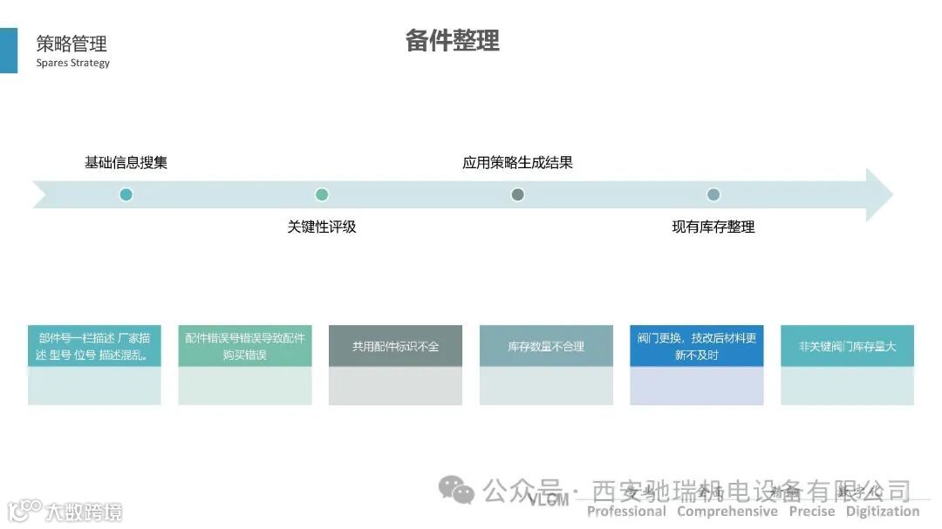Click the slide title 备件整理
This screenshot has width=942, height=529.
tap(452, 41)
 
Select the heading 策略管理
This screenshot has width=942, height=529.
tap(72, 44)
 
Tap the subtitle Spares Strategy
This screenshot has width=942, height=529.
tap(73, 63)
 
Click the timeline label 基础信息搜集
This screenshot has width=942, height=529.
tap(126, 162)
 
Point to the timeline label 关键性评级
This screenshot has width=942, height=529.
tap(322, 227)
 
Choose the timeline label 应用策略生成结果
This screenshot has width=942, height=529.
tap(517, 162)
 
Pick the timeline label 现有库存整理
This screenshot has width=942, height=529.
tap(713, 227)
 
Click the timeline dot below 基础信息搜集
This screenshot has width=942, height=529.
tap(126, 194)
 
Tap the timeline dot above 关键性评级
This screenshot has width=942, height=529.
tap(322, 194)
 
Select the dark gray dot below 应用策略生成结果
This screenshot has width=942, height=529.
tap(517, 194)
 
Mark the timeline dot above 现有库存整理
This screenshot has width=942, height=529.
tap(713, 194)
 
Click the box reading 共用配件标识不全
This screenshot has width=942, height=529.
tap(395, 346)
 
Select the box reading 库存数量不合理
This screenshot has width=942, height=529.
tap(546, 346)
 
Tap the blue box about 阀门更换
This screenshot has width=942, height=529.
tap(696, 346)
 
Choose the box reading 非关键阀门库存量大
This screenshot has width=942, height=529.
tap(847, 346)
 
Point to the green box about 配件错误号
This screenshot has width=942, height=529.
tap(245, 346)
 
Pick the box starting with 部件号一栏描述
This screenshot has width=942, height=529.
tap(94, 346)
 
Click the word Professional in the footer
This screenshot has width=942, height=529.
tap(626, 512)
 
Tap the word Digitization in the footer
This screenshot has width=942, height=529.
tap(883, 512)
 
